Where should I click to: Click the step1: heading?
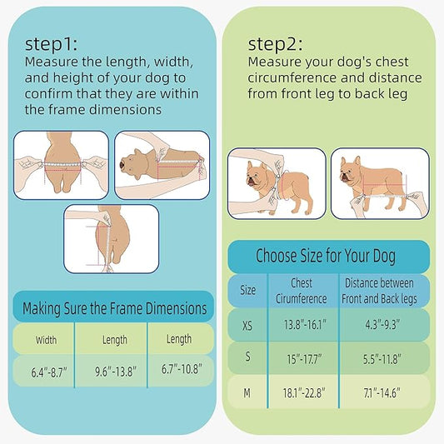tap(55, 44)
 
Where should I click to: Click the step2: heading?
tap(277, 43)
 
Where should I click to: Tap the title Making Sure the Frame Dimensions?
tap(114, 308)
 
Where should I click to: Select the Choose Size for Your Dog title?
tap(326, 255)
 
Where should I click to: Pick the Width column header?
tap(47, 340)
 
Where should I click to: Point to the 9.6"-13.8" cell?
tap(115, 369)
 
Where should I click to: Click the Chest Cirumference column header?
tap(302, 291)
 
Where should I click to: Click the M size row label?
tap(248, 392)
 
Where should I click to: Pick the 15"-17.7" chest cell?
tap(301, 357)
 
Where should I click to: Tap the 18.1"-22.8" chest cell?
tap(301, 392)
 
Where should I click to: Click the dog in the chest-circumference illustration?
tap(265, 181)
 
